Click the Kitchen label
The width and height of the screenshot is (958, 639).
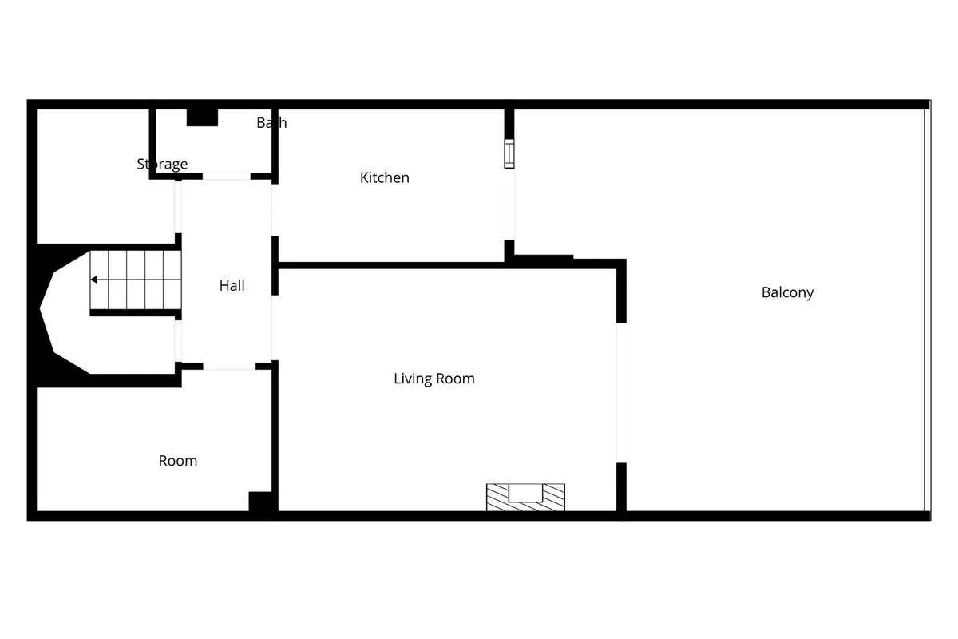385,177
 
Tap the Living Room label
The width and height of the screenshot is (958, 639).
434,379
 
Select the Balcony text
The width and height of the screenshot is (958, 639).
787,292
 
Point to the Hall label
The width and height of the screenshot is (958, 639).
232,285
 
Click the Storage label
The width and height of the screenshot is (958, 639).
162,164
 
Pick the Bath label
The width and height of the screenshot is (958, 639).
271,123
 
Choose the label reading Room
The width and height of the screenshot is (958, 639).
178,461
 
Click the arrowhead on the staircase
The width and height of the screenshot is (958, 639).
93,280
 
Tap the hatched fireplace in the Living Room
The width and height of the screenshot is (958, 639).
525,497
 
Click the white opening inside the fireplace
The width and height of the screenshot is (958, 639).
525,493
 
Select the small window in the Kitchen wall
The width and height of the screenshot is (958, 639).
509,153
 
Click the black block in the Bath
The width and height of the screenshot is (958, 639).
202,117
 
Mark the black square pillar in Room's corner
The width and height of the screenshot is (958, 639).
260,501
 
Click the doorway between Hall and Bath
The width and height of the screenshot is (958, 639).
226,176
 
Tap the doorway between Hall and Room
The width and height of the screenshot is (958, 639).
229,367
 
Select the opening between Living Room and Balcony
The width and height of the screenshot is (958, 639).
621,393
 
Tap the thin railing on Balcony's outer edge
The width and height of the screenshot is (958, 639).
927,310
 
